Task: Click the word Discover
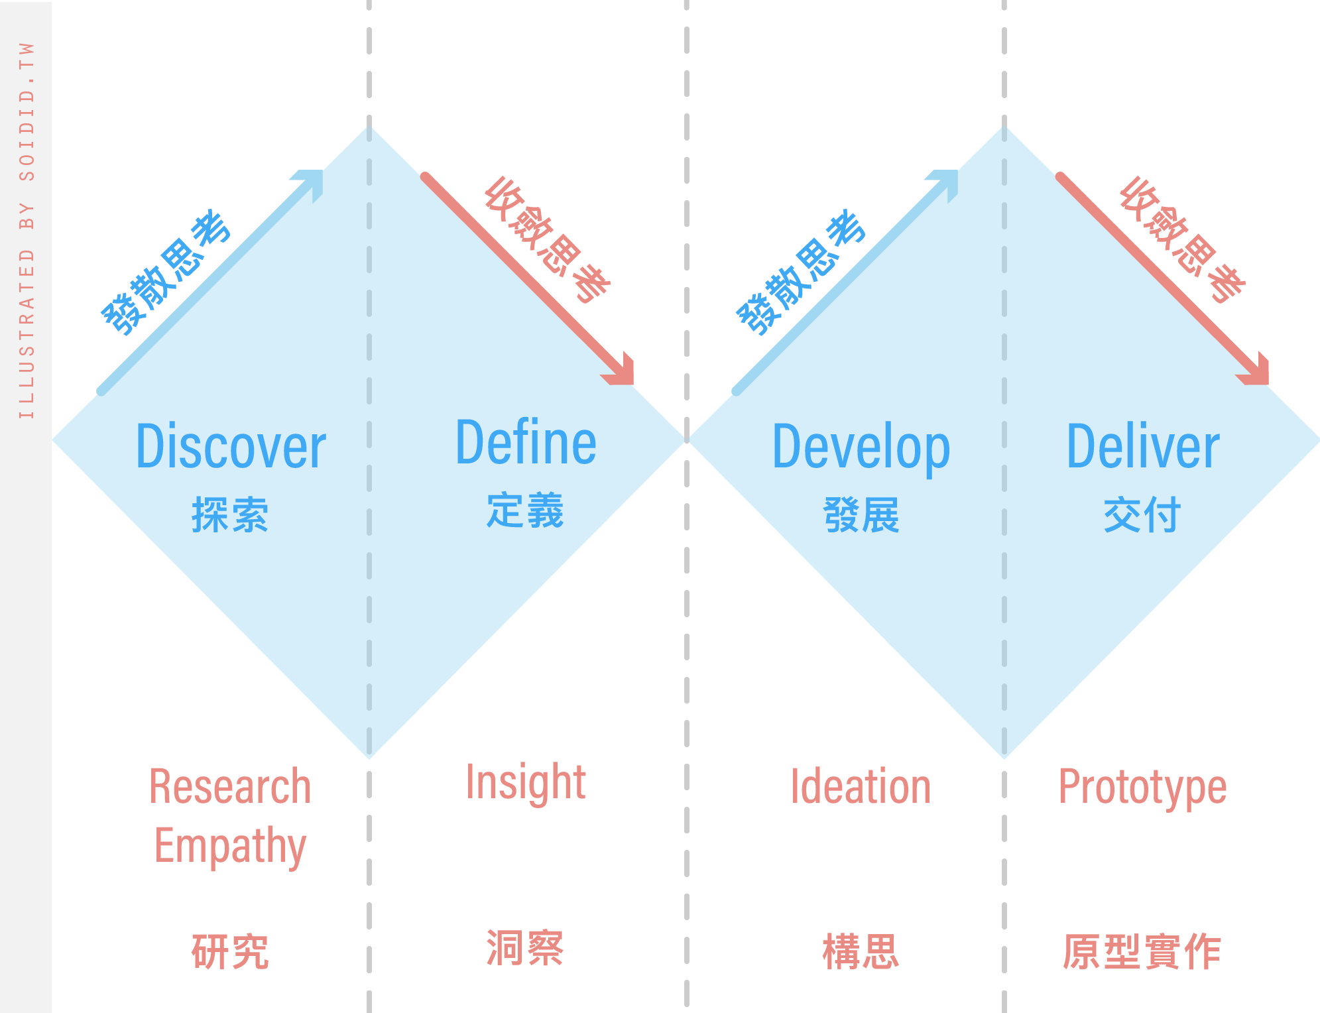point(231,447)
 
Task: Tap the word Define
point(526,442)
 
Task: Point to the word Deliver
point(1143,447)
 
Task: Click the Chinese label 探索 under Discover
point(230,514)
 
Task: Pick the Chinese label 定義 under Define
point(525,510)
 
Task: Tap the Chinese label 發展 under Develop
point(861,514)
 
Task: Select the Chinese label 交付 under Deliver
point(1142,514)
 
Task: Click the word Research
point(230,787)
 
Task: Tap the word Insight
point(526,784)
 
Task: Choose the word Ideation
point(861,787)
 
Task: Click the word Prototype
point(1142,789)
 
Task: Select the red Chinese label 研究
point(230,951)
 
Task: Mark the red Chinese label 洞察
point(525,947)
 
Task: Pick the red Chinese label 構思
point(861,951)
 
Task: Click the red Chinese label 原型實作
point(1142,951)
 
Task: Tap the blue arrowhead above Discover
point(312,182)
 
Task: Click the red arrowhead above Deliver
point(1256,372)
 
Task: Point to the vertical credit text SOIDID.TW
point(27,111)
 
